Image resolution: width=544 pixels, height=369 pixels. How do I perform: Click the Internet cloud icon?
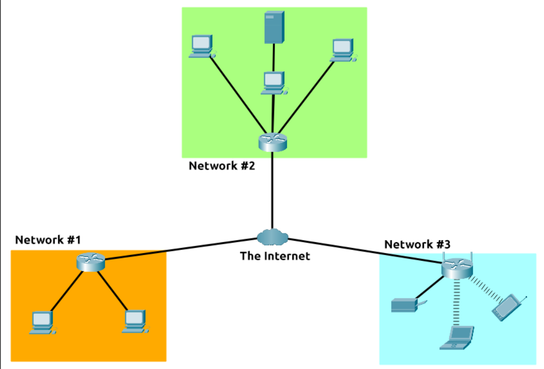click(x=272, y=237)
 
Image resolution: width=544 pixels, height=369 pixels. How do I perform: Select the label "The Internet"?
click(x=275, y=256)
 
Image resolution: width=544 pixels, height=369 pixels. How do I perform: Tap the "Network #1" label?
click(x=48, y=240)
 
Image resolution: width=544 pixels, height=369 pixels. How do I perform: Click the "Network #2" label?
click(x=221, y=166)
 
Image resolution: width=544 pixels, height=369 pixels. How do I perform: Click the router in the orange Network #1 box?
click(x=90, y=262)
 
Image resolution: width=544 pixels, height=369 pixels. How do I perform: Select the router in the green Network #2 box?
click(x=272, y=142)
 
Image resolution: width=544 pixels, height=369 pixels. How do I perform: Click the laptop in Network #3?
click(x=458, y=338)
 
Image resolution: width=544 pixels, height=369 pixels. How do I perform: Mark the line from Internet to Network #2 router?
click(x=272, y=191)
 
